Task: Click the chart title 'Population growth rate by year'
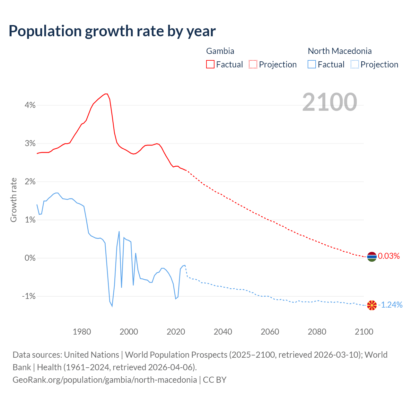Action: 112,31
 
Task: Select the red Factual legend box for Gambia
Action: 210,64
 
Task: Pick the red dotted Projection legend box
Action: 253,64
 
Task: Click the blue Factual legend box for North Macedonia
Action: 312,64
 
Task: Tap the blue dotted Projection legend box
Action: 354,64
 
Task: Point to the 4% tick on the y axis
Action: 30,105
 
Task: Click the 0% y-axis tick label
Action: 30,258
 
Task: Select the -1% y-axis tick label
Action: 29,296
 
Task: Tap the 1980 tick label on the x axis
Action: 82,332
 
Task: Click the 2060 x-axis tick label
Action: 270,332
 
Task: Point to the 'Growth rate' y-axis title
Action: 13,200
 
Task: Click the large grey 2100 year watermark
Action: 329,102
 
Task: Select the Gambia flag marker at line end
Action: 372,257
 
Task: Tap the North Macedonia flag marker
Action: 372,305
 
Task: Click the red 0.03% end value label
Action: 389,256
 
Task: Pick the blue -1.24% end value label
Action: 390,305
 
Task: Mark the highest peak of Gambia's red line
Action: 106,94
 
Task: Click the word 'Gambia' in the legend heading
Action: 220,51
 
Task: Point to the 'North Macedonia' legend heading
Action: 339,51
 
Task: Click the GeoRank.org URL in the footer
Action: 105,380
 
